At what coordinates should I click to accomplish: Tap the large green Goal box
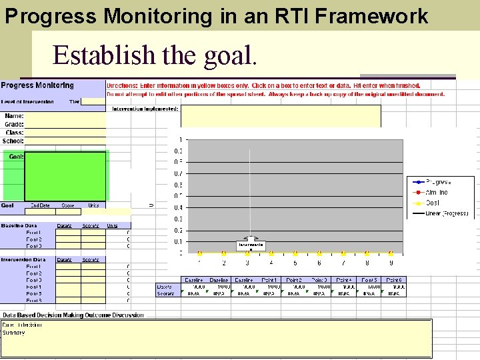click(x=65, y=176)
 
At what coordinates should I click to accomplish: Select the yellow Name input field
click(x=65, y=116)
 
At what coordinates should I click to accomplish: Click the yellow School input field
click(x=65, y=141)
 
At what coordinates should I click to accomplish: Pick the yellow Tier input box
click(x=93, y=102)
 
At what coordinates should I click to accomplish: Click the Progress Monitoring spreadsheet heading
click(x=38, y=85)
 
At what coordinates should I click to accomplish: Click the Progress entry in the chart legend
click(x=438, y=181)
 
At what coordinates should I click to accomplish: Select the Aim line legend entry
click(x=437, y=192)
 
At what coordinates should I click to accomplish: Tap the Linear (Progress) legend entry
click(x=446, y=213)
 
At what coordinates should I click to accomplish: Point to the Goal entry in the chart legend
click(x=433, y=203)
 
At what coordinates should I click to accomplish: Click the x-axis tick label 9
click(x=391, y=263)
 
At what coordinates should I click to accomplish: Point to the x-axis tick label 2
click(x=223, y=263)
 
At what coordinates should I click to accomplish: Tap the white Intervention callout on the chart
click(x=251, y=245)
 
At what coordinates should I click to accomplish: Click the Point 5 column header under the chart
click(x=369, y=280)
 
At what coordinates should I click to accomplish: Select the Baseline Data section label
click(x=22, y=226)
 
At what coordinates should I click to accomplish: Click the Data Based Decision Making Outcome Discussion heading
click(x=73, y=315)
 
